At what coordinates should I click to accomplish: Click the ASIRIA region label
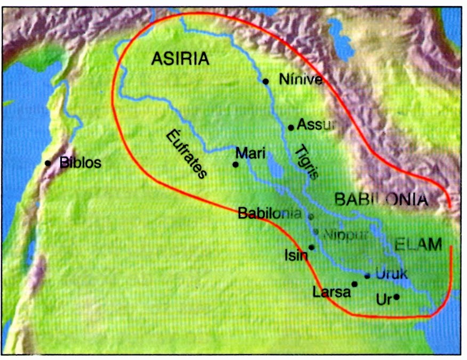(x=180, y=59)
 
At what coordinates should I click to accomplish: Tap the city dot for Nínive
(x=265, y=81)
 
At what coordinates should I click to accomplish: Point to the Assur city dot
(x=291, y=127)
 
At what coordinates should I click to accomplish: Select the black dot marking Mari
(x=236, y=165)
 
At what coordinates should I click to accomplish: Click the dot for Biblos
(x=48, y=163)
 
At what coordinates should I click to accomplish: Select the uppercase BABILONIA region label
(x=381, y=200)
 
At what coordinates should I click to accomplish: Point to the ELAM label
(x=419, y=244)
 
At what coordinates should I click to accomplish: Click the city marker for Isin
(x=312, y=248)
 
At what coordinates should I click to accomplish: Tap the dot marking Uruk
(x=367, y=275)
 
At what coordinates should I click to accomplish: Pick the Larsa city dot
(x=355, y=284)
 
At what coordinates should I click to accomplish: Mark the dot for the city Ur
(x=396, y=297)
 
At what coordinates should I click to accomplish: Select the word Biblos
(x=80, y=162)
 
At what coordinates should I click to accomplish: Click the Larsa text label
(x=332, y=292)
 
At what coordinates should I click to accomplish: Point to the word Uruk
(x=391, y=274)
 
